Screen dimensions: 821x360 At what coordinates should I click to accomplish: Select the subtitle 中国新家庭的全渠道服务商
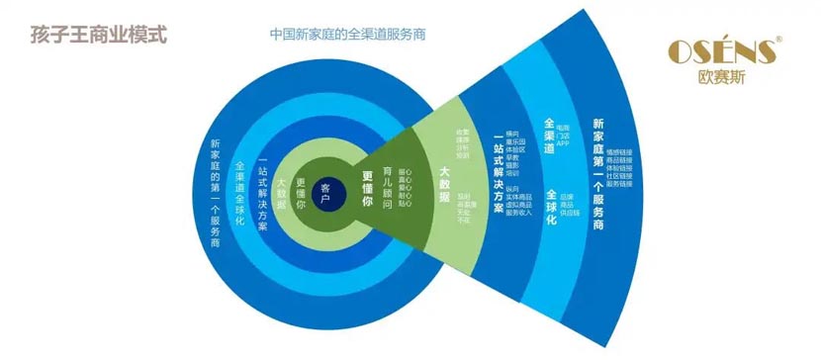point(347,34)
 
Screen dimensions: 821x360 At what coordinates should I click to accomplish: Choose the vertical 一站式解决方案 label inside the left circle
point(262,194)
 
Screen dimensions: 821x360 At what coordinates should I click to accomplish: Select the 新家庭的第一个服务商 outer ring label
point(215,195)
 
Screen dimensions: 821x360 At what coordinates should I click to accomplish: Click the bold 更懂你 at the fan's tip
point(367,188)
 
